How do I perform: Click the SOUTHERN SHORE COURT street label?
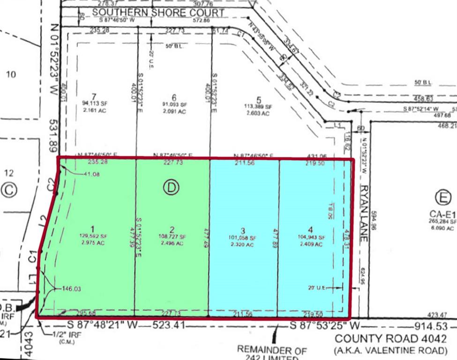click(x=158, y=12)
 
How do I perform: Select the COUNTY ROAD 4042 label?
click(x=390, y=338)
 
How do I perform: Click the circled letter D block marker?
click(x=171, y=187)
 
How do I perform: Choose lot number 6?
click(x=174, y=95)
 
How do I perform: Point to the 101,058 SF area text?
click(x=243, y=237)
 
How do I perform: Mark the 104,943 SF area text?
click(x=311, y=237)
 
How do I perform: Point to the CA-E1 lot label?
click(x=442, y=214)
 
